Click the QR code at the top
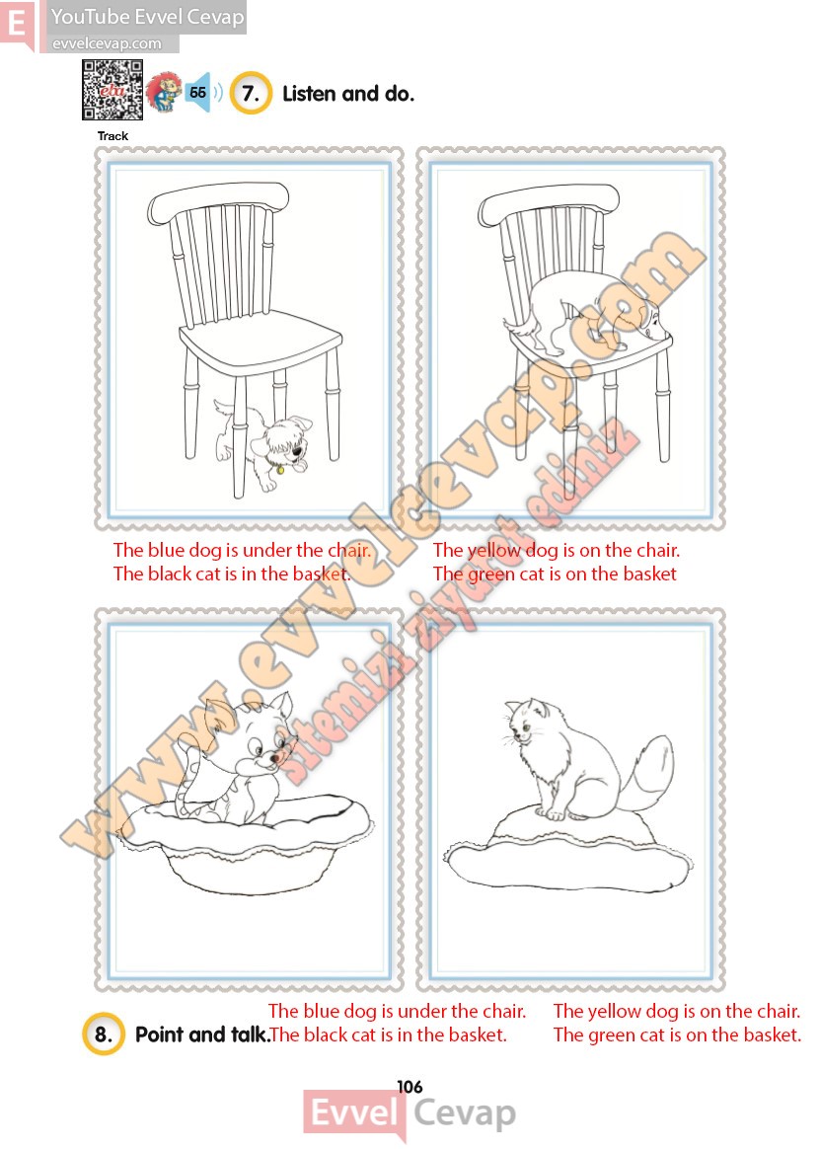click(112, 90)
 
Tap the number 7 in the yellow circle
click(251, 93)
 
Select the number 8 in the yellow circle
click(104, 1034)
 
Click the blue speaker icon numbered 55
click(198, 93)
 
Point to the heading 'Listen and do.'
click(348, 94)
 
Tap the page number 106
click(410, 1087)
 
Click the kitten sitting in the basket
click(236, 758)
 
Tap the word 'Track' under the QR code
click(112, 135)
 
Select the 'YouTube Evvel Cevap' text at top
click(147, 16)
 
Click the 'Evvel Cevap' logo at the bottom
click(410, 1114)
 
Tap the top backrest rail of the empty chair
click(218, 200)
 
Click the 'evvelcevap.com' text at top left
click(107, 43)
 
